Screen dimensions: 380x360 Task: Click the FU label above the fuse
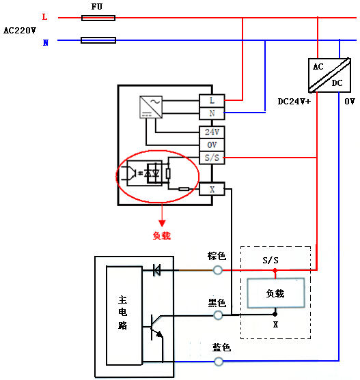(98, 6)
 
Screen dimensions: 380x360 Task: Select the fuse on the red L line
(98, 18)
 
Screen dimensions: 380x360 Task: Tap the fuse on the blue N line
(98, 41)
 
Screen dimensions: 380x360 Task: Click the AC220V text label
(18, 30)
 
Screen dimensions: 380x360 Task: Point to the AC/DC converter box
(327, 74)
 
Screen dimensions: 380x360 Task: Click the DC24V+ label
(294, 101)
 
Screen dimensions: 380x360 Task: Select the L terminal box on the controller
(212, 100)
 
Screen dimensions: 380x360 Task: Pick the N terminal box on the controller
(212, 113)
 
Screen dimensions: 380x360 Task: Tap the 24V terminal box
(212, 132)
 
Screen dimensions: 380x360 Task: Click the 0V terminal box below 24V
(212, 145)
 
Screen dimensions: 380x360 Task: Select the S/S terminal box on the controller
(212, 158)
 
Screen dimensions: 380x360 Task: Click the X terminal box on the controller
(212, 188)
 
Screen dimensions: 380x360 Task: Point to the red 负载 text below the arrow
(161, 236)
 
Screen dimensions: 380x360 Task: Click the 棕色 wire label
(217, 256)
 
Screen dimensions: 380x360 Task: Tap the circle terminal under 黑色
(219, 315)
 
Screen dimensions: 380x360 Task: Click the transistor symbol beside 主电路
(156, 327)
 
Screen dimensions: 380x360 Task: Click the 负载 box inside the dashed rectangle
(275, 293)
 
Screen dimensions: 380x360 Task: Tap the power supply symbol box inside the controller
(150, 106)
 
